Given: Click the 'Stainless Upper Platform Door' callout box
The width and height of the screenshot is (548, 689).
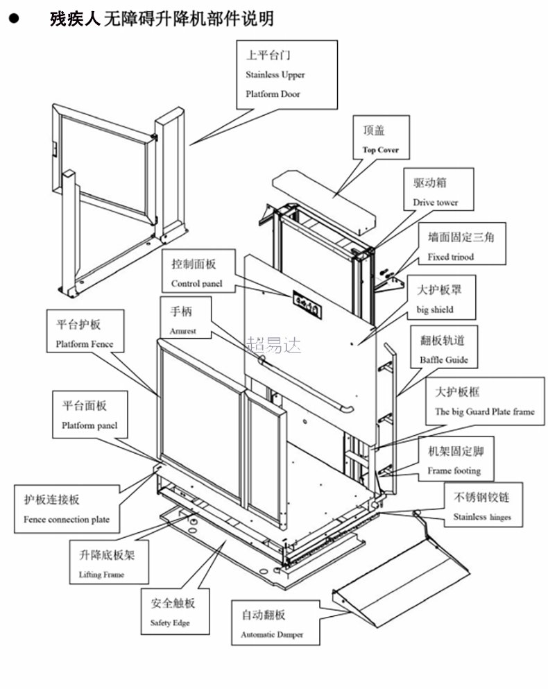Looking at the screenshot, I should (x=286, y=74).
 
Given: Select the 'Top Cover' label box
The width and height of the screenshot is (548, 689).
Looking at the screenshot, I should (x=381, y=139).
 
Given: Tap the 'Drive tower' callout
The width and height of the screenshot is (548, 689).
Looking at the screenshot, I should (x=435, y=192).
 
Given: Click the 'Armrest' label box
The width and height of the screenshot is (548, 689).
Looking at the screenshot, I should (x=182, y=320).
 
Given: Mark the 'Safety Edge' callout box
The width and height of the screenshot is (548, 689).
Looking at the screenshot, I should (x=171, y=612).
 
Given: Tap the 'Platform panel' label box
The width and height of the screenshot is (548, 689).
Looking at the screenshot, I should (x=89, y=414).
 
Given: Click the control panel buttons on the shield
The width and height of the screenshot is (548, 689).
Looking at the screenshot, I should (x=305, y=302).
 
